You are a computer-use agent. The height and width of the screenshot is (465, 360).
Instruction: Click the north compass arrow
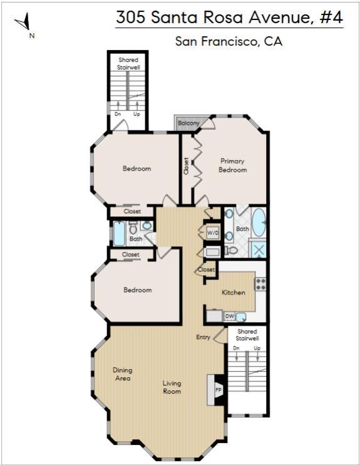pyautogui.click(x=24, y=21)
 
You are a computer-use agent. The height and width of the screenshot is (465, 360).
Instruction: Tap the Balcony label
pyautogui.click(x=188, y=123)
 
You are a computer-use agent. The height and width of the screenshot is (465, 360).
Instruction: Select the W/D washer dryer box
pyautogui.click(x=213, y=232)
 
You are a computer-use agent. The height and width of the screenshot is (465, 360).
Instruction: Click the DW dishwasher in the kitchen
pyautogui.click(x=230, y=316)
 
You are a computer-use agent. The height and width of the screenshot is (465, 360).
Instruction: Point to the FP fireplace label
pyautogui.click(x=219, y=390)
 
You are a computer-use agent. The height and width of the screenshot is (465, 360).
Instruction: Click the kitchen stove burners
pyautogui.click(x=260, y=284)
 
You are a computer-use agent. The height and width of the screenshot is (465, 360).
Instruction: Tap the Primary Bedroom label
pyautogui.click(x=233, y=165)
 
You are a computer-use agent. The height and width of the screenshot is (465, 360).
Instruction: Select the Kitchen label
pyautogui.click(x=234, y=293)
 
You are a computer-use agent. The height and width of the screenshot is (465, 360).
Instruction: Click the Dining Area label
pyautogui.click(x=122, y=374)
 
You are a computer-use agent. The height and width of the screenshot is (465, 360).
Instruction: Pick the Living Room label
pyautogui.click(x=172, y=387)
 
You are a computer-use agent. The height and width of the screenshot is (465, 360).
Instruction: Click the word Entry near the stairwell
pyautogui.click(x=203, y=337)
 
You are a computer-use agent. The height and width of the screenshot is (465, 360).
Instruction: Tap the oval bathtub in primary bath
pyautogui.click(x=259, y=222)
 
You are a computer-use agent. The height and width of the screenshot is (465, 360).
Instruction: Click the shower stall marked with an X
pyautogui.click(x=259, y=249)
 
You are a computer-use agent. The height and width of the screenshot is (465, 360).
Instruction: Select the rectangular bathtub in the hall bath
pyautogui.click(x=119, y=233)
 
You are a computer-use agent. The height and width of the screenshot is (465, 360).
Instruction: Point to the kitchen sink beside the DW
pyautogui.click(x=241, y=316)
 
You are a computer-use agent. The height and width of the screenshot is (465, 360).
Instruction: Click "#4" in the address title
pyautogui.click(x=332, y=17)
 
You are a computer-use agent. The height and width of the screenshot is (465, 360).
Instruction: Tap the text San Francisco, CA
pyautogui.click(x=229, y=41)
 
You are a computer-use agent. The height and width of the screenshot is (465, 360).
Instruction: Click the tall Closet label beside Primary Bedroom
pyautogui.click(x=186, y=166)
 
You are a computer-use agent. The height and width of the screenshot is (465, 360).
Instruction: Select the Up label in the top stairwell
pyautogui.click(x=136, y=114)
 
